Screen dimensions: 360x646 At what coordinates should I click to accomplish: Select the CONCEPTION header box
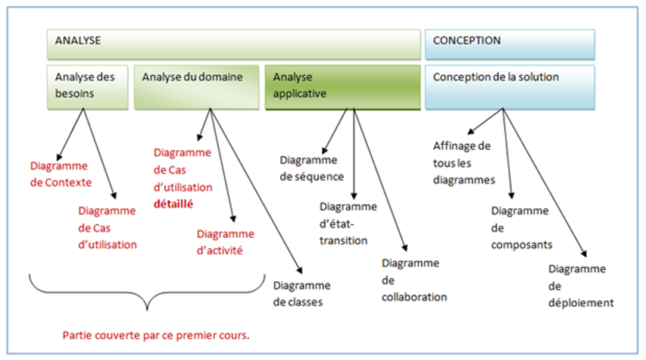(509, 44)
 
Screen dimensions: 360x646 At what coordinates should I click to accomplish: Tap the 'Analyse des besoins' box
(87, 86)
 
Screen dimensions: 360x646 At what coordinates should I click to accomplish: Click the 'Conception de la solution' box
(509, 86)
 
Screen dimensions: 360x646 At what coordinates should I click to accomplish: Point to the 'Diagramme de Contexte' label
(60, 174)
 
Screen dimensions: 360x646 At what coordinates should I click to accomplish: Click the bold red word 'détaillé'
(174, 203)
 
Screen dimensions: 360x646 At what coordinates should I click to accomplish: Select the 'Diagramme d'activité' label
(225, 242)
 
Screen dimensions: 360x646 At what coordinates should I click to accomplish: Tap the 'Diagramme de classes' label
(301, 293)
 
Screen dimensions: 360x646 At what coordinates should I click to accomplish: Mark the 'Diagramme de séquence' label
(311, 168)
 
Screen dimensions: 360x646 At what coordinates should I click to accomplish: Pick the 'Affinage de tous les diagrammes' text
(463, 163)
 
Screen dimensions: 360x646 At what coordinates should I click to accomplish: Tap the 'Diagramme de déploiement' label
(580, 286)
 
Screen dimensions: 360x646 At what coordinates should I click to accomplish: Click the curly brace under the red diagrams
(148, 294)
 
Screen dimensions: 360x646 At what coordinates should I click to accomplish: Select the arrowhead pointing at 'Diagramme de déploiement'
(585, 256)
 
